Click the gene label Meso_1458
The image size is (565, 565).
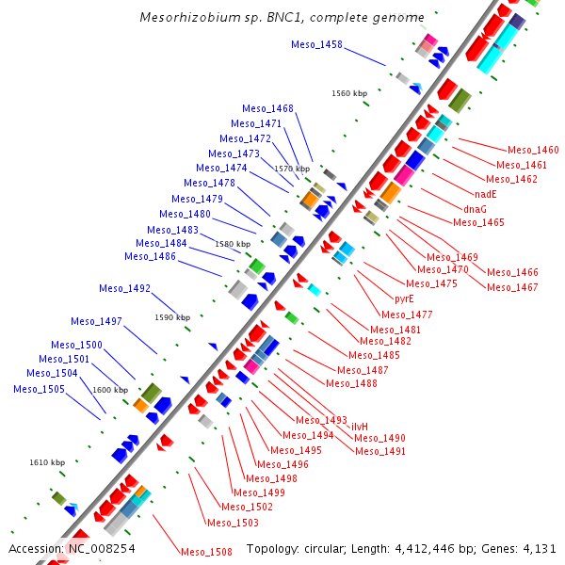[x=316, y=44]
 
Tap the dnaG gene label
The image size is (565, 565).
[x=476, y=208]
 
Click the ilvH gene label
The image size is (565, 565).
[x=359, y=427]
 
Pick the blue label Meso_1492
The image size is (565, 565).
[x=124, y=288]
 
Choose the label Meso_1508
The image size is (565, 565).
[x=206, y=552]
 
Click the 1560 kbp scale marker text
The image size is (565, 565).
[x=349, y=93]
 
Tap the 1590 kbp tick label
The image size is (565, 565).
[x=172, y=317]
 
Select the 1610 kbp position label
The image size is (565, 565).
[x=47, y=462]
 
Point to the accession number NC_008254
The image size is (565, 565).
[x=101, y=548]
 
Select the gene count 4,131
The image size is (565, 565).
[x=539, y=548]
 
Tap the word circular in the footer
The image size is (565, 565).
[x=334, y=548]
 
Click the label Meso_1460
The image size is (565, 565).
[x=533, y=150]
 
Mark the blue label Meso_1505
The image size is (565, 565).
[x=45, y=388]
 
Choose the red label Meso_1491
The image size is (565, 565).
[x=380, y=451]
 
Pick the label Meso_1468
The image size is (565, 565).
[x=267, y=108]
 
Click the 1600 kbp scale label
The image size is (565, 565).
[x=109, y=390]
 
